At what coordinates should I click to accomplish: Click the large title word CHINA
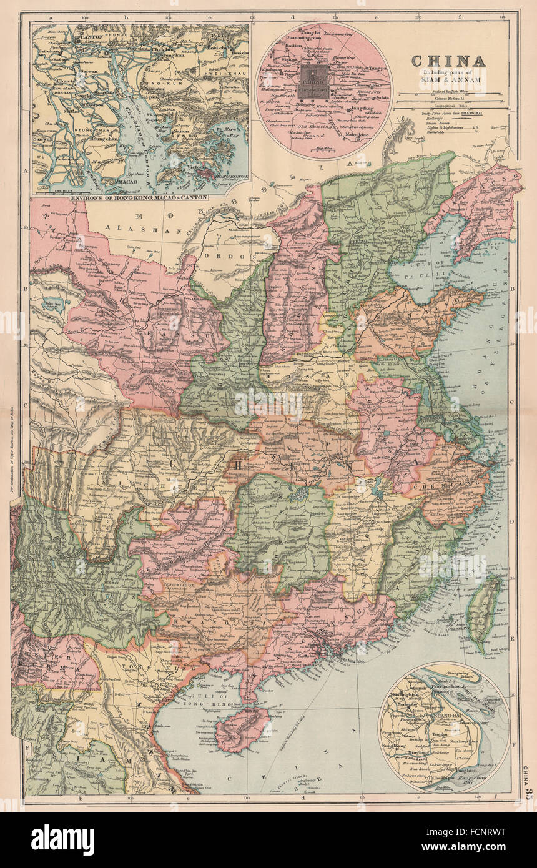coord(448,61)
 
